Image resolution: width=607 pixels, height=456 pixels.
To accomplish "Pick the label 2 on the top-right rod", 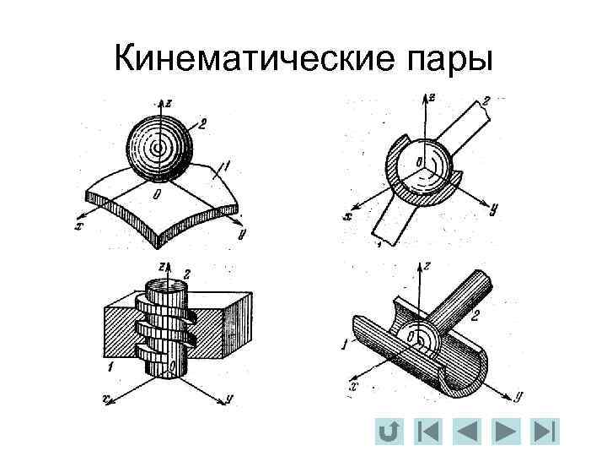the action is tap(487, 100).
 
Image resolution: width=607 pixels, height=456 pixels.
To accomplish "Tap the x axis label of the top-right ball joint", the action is tap(347, 216).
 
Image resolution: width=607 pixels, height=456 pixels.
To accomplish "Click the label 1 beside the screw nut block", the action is tap(110, 368).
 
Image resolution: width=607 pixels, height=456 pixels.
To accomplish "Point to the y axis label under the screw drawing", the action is tap(228, 397).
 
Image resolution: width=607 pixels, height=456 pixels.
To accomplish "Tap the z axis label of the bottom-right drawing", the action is tap(428, 264).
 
